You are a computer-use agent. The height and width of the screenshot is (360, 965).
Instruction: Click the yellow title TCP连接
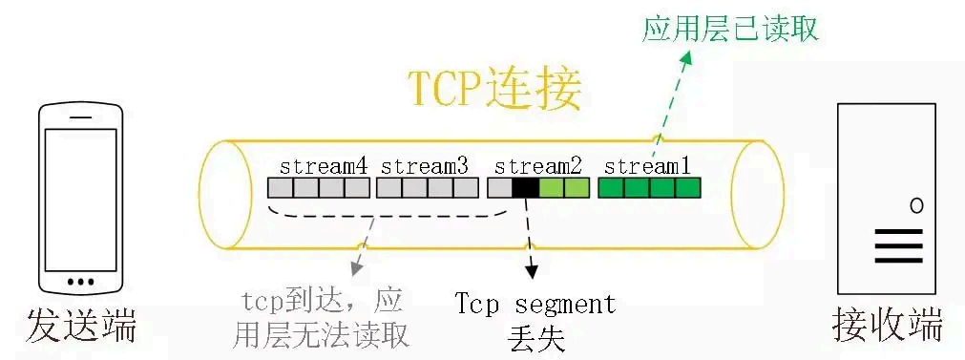[494, 90]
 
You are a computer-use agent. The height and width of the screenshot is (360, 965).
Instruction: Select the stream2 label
[538, 165]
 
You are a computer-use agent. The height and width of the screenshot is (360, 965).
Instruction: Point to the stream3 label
[425, 165]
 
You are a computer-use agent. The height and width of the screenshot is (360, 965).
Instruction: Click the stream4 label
[324, 165]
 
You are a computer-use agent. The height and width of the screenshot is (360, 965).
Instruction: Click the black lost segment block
[525, 187]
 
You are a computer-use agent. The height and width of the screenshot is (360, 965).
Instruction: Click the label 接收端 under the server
[888, 325]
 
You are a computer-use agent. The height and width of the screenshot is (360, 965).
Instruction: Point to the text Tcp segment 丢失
[535, 320]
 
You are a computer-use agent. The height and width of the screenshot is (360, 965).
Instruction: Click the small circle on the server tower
[916, 204]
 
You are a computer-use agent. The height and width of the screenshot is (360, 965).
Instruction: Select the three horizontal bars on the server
[899, 244]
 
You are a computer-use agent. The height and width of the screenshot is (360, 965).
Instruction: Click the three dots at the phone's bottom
[81, 281]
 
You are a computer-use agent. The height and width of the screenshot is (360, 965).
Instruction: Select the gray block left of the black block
[499, 187]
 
